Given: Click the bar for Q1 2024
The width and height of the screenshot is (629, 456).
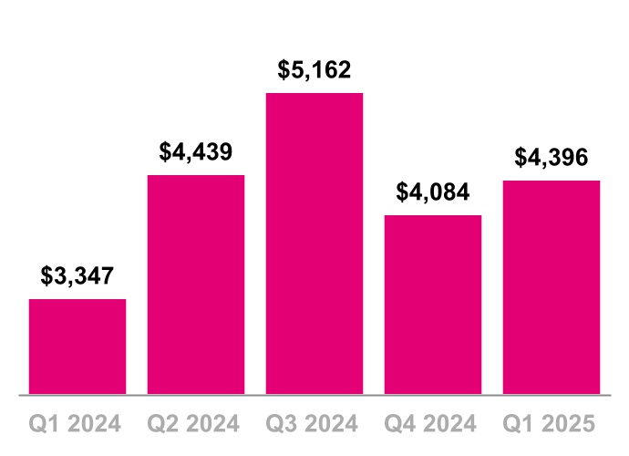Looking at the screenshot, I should click(x=77, y=347).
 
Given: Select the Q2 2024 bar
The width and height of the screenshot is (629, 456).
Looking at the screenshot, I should click(x=196, y=285).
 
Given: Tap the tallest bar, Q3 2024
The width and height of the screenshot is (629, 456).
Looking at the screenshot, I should click(x=314, y=244).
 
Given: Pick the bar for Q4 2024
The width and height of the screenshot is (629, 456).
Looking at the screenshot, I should click(x=433, y=305).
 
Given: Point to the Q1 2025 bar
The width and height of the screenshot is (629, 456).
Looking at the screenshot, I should click(x=552, y=287).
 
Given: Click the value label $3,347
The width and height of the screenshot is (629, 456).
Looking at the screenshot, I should click(x=77, y=276).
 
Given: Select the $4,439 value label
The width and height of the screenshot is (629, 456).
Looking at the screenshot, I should click(x=196, y=151).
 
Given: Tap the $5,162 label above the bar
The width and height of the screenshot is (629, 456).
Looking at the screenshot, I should click(x=314, y=70).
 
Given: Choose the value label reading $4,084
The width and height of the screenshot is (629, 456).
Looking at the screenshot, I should click(x=433, y=192).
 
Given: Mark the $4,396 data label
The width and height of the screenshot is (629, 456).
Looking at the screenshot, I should click(x=552, y=158).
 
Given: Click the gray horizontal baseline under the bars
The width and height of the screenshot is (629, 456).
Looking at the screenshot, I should click(x=314, y=396).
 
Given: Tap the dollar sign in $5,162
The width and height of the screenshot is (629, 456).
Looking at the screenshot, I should click(x=284, y=70).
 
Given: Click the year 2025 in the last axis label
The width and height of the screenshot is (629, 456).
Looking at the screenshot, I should click(x=569, y=424).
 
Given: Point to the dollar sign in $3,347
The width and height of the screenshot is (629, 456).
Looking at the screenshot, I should click(x=46, y=276).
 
